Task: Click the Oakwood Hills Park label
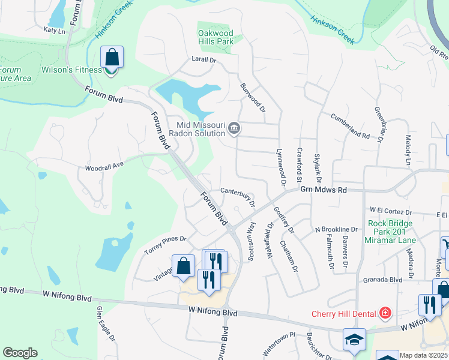(x=215, y=37)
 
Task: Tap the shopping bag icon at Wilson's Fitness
(x=112, y=58)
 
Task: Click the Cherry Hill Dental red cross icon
(x=385, y=313)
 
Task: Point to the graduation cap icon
(x=354, y=339)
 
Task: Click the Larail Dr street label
(x=203, y=60)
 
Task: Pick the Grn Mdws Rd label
(x=324, y=190)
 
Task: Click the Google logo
(x=20, y=353)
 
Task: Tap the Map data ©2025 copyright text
(x=423, y=355)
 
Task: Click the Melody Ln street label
(x=408, y=151)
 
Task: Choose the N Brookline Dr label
(x=337, y=230)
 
